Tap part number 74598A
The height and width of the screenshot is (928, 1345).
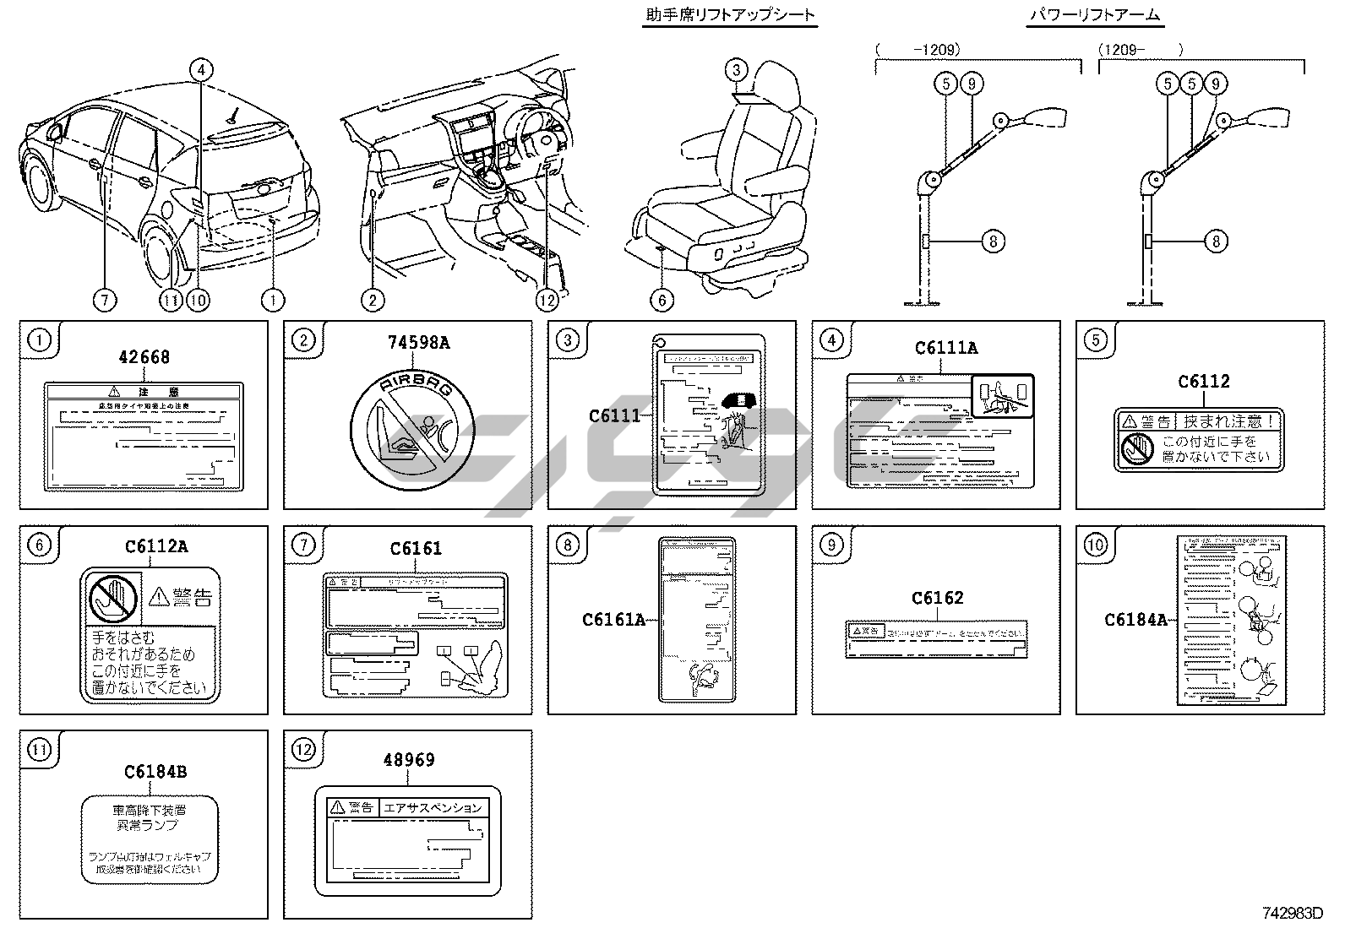click(x=418, y=342)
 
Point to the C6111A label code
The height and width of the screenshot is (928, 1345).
click(x=946, y=348)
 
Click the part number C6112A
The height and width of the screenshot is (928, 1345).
click(x=156, y=546)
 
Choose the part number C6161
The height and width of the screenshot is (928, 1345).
click(x=416, y=549)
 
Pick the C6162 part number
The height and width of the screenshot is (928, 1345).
click(x=937, y=598)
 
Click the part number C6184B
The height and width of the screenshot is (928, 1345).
click(x=155, y=771)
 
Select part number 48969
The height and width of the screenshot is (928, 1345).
click(x=409, y=760)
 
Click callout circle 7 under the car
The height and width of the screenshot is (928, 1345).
click(x=106, y=300)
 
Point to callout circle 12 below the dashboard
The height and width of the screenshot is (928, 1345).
click(x=547, y=300)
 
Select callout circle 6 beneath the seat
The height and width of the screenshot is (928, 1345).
click(x=662, y=300)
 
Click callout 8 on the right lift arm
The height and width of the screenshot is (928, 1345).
click(x=1215, y=241)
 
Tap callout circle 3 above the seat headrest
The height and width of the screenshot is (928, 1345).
click(x=737, y=70)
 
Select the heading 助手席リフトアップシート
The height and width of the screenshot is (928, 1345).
click(x=730, y=15)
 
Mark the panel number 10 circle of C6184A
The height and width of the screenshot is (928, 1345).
click(x=1095, y=545)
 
